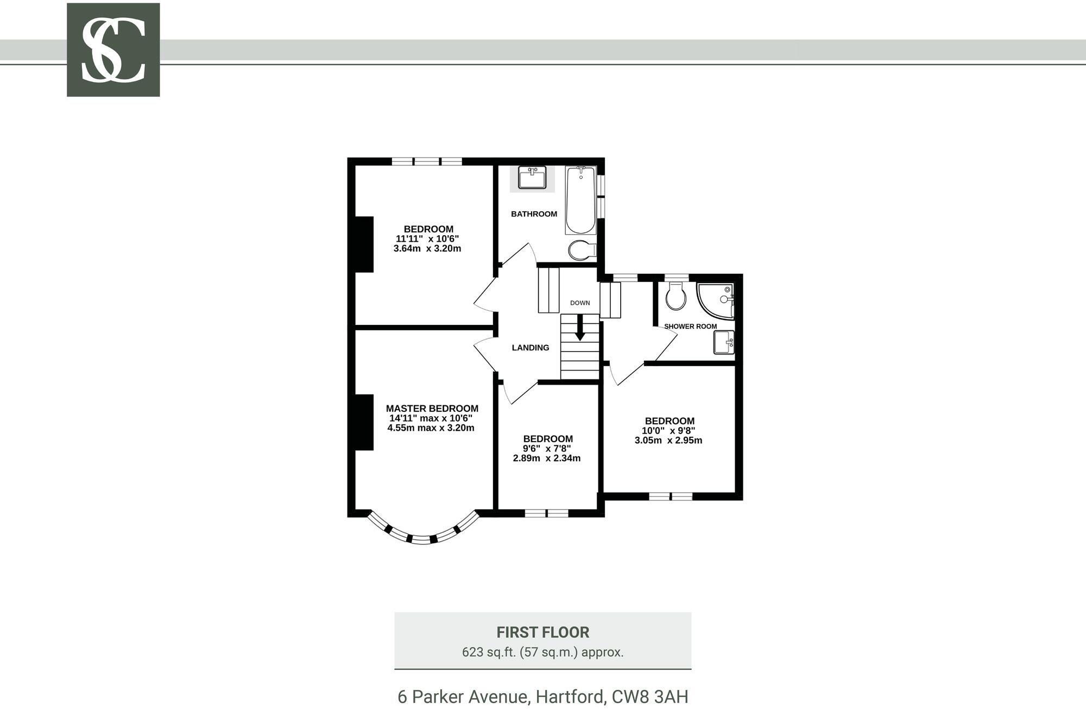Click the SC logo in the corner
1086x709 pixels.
coord(113,50)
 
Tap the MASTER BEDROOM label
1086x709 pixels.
coord(432,409)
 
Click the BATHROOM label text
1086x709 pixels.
coord(534,214)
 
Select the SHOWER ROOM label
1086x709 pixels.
coord(690,327)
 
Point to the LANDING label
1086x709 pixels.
coord(531,348)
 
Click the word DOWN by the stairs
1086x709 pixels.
coord(580,303)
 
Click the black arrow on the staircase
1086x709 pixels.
coord(580,329)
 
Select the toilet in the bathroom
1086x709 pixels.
coord(582,250)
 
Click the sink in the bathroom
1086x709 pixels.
coord(532,178)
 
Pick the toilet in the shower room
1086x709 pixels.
coord(675,297)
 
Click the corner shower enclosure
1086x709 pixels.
coord(716,299)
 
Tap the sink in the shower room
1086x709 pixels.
coord(724,342)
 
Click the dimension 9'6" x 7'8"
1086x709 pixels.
coord(547,449)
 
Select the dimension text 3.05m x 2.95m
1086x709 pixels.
coord(668,441)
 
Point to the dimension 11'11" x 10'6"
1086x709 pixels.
coord(427,239)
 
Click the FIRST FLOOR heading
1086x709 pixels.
coord(542,632)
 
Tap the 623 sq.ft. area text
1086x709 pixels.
coord(542,652)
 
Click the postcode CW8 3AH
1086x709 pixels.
coord(650,697)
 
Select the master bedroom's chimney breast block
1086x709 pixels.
coord(364,422)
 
